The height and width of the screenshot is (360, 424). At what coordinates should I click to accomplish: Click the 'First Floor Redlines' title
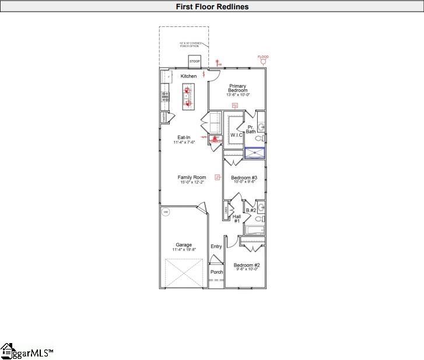tap(212, 7)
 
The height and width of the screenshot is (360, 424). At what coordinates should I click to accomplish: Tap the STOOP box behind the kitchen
tap(194, 61)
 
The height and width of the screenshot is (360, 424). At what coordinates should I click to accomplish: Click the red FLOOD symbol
tap(264, 60)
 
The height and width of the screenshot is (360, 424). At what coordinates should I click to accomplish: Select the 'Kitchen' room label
tap(188, 76)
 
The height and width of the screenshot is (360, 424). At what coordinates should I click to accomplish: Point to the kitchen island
tap(188, 97)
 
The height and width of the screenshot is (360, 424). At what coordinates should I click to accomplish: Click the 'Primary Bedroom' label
tap(238, 89)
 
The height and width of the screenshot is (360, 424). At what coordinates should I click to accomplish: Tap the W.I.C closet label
tap(236, 135)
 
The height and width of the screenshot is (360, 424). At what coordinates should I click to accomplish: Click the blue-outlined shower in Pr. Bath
tap(254, 153)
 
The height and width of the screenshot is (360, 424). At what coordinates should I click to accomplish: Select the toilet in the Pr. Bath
tap(261, 138)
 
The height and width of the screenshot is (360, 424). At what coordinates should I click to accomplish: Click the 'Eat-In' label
tap(184, 138)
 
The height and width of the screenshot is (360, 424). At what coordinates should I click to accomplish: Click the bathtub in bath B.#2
tap(254, 230)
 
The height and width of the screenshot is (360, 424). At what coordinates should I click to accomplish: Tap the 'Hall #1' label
tap(237, 219)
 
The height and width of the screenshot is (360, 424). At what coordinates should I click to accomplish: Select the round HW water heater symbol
tap(166, 211)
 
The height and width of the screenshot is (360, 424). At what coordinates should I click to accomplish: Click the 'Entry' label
tap(216, 246)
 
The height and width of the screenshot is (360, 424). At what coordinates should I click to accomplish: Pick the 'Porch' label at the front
tap(216, 272)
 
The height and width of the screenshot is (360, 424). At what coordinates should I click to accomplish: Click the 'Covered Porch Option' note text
tap(190, 45)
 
